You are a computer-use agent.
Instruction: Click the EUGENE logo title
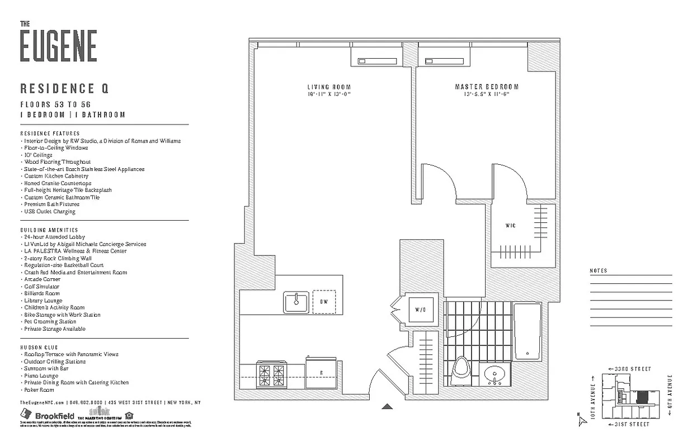pos(58,45)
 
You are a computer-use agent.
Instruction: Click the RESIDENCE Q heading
pos(64,88)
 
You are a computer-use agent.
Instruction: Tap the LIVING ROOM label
pos(329,87)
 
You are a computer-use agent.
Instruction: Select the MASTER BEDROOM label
pos(486,87)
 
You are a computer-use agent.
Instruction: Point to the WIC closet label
pos(510,226)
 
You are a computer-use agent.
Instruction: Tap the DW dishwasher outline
pos(324,302)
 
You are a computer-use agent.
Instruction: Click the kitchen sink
pos(296,302)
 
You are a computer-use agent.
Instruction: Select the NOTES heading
pos(598,271)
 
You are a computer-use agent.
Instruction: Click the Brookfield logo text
pos(54,416)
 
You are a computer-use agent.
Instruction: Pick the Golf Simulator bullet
pos(41,287)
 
